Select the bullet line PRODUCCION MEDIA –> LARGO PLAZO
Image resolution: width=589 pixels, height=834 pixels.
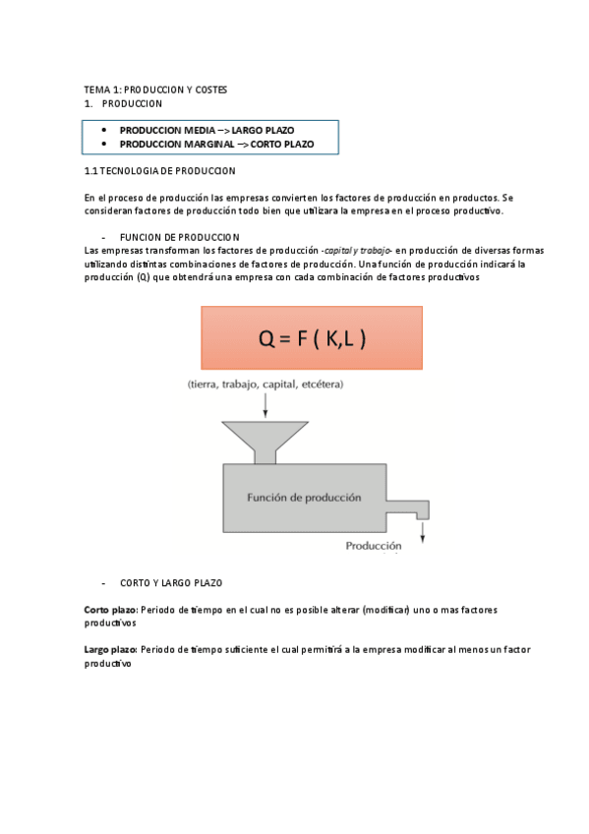(x=206, y=130)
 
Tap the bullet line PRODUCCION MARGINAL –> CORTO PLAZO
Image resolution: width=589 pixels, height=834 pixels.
(x=216, y=144)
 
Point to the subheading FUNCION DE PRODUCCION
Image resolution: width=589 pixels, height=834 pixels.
(x=179, y=237)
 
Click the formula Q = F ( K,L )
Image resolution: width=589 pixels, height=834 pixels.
(x=312, y=338)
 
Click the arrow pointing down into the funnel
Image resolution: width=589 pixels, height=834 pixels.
(x=264, y=404)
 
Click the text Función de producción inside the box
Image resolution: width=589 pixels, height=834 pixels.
(x=304, y=498)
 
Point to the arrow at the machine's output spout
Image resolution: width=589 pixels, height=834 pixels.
(x=423, y=530)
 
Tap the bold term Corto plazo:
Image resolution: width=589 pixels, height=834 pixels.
(x=111, y=610)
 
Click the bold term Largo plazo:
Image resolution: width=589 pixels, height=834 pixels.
(x=111, y=650)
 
